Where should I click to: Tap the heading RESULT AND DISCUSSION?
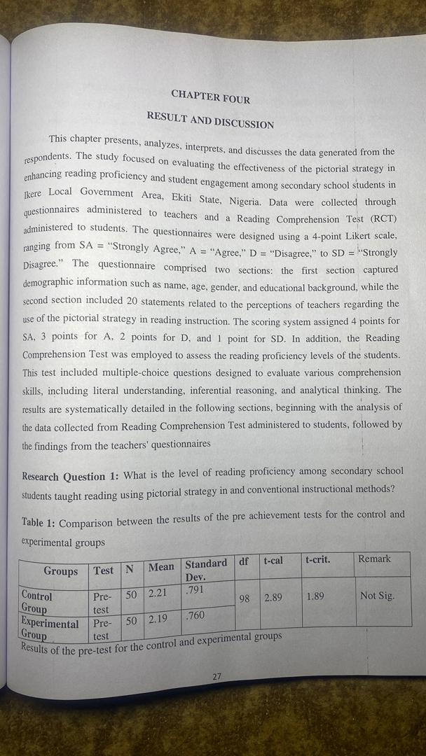(x=210, y=119)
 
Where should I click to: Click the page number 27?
(x=217, y=676)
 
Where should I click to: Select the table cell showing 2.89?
(x=273, y=598)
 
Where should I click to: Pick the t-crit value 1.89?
(x=315, y=596)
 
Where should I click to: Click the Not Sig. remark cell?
(x=377, y=596)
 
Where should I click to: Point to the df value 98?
(x=244, y=599)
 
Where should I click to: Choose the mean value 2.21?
(x=158, y=594)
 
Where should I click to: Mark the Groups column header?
(x=61, y=571)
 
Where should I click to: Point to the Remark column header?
(x=374, y=559)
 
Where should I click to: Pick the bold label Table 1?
(x=39, y=523)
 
